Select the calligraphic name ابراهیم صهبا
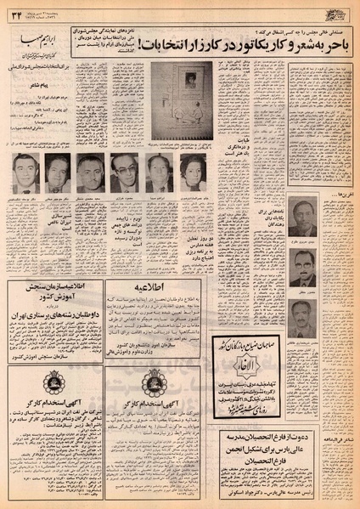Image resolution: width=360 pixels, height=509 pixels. coord(42,39)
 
